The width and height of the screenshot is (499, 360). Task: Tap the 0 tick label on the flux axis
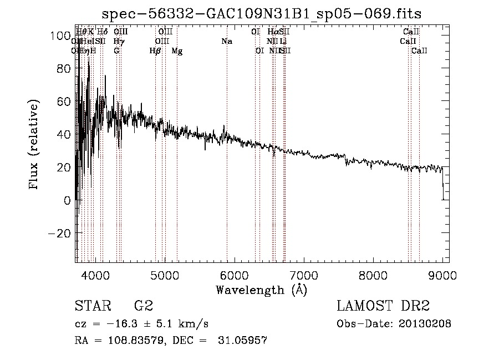coord(67,200)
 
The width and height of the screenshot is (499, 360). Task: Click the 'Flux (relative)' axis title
coord(34,145)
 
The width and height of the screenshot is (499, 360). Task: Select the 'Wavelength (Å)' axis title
coord(261,290)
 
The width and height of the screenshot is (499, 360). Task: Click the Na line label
coord(226,42)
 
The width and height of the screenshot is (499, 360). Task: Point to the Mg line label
coord(177,51)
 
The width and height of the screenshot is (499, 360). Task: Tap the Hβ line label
coord(155,51)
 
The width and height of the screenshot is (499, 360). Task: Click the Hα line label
coord(273,32)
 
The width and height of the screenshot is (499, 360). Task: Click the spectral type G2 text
coord(144,306)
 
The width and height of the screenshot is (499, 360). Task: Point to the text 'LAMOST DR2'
coord(383,306)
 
